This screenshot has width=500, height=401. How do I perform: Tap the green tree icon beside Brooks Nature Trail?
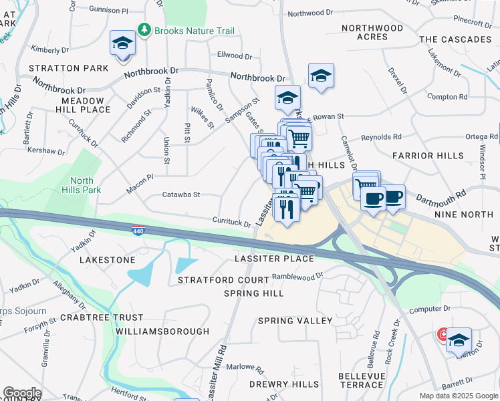click(143, 30)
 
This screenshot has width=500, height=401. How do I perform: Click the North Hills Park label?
click(82, 185)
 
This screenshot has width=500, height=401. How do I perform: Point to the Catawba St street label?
click(181, 195)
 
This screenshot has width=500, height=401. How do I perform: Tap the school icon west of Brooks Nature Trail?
click(123, 45)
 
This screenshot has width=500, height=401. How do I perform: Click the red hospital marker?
click(443, 333)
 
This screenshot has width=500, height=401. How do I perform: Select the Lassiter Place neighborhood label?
click(274, 259)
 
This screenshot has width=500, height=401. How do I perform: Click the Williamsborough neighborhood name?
click(162, 331)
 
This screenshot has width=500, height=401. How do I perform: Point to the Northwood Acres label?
click(372, 32)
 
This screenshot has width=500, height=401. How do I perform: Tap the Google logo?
click(22, 393)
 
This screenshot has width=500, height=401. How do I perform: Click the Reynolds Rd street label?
click(381, 137)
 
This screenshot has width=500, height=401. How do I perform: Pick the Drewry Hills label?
click(283, 384)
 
